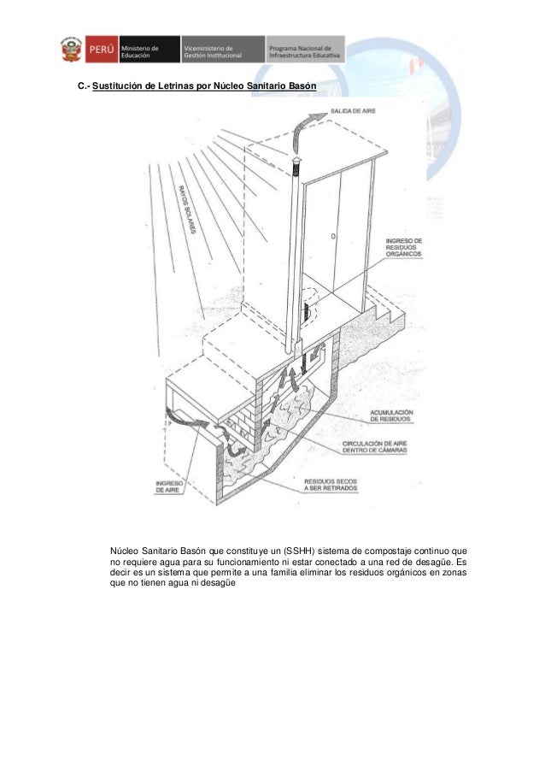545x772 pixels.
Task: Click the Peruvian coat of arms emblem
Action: click(70, 50)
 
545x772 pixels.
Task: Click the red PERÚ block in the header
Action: click(99, 50)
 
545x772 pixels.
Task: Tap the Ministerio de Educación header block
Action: click(148, 50)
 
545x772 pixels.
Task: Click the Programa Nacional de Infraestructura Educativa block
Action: click(305, 50)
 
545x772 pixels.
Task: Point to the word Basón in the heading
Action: click(300, 89)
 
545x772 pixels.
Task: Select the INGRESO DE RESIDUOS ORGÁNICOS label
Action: click(404, 248)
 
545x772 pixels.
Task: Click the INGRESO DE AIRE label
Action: click(167, 487)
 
